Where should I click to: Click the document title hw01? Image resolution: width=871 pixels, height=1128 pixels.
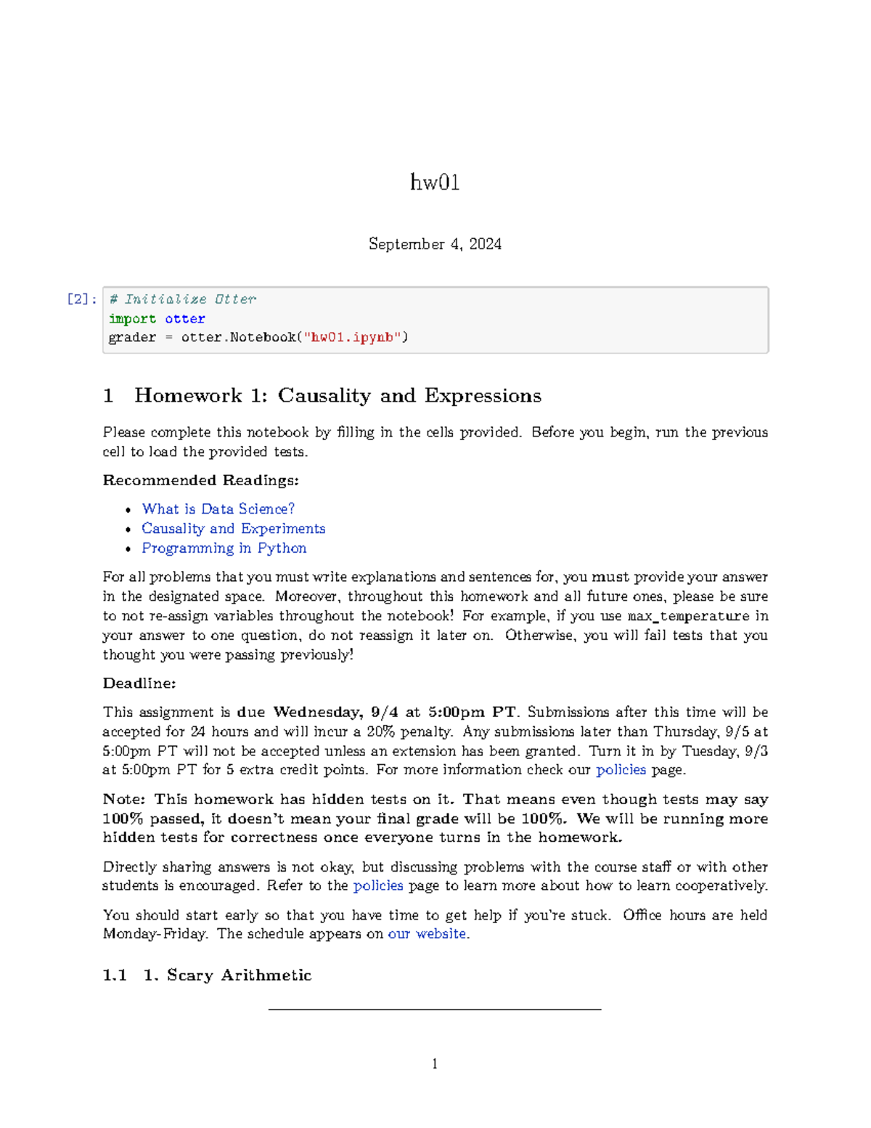(435, 182)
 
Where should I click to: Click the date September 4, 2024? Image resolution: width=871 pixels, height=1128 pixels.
(435, 244)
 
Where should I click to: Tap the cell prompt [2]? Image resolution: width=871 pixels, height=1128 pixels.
(81, 299)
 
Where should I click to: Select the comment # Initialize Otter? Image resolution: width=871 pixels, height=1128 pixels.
(182, 299)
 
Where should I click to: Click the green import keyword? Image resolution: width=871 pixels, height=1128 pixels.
(132, 319)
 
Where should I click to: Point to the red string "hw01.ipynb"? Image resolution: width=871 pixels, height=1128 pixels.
(352, 338)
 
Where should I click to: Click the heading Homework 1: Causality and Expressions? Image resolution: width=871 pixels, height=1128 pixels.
(338, 396)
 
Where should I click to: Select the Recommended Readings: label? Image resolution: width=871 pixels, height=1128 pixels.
(200, 480)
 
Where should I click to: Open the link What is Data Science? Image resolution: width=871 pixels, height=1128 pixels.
(218, 509)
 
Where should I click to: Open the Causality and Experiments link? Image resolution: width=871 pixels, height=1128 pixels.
(233, 529)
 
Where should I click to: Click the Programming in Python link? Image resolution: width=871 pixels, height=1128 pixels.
(224, 548)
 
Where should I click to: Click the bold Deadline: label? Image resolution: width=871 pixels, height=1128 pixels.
(139, 683)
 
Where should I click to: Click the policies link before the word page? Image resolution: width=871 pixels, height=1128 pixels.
(621, 770)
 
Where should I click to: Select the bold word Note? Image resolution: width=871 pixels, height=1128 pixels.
(124, 800)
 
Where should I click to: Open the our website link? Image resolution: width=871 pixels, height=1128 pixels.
(427, 934)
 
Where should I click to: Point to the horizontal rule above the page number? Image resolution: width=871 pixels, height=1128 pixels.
(435, 1009)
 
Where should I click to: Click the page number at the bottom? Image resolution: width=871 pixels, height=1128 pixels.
(435, 1064)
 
